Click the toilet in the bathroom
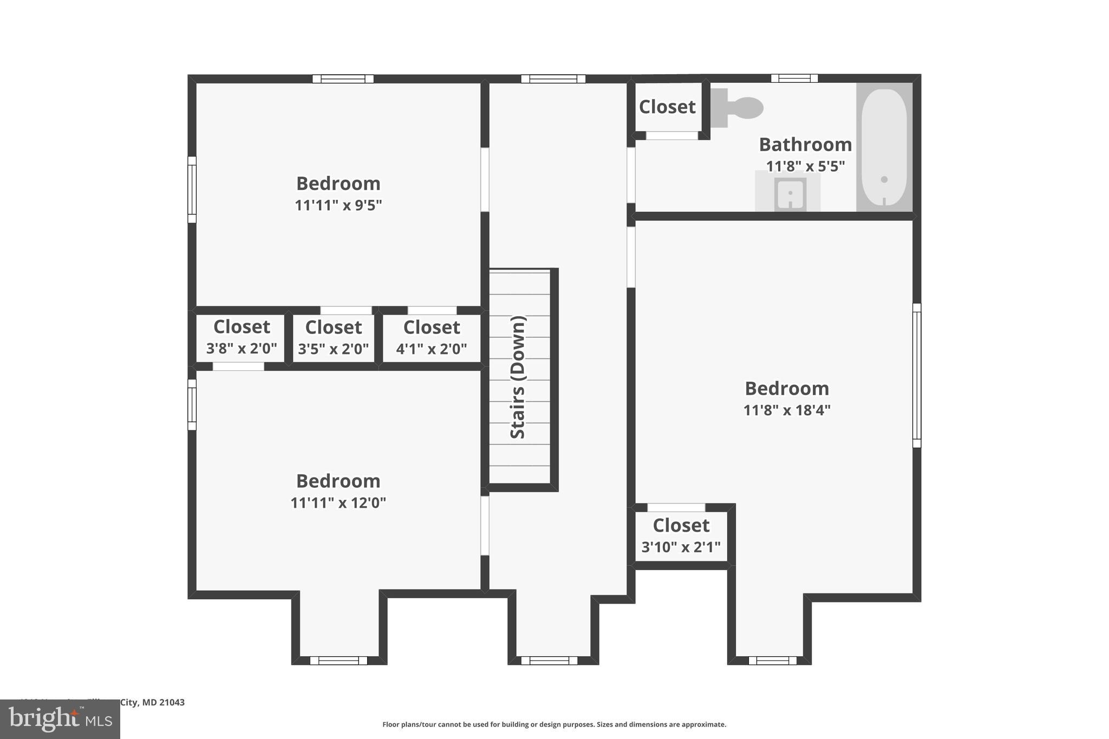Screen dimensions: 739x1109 tap(739, 108)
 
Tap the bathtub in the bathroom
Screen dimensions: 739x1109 tap(884, 146)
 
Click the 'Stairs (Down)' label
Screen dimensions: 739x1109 tap(518, 377)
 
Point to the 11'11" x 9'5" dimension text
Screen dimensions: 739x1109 tap(338, 205)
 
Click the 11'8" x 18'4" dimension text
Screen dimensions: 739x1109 tap(786, 410)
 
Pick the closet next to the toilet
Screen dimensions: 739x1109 tap(667, 107)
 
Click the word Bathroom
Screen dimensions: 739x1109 tap(805, 145)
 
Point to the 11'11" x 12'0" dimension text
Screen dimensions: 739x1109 tap(338, 503)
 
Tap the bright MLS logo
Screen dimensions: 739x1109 tap(60, 719)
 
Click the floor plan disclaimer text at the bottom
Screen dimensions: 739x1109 tap(554, 724)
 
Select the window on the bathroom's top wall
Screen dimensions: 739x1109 tap(794, 79)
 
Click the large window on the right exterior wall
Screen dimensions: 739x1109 tap(916, 375)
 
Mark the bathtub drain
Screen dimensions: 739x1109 tap(884, 179)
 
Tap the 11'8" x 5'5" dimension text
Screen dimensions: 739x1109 tap(805, 166)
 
